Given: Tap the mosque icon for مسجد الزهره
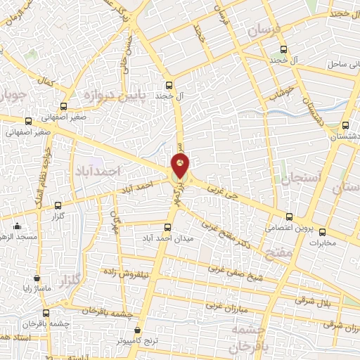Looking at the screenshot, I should click(x=17, y=226).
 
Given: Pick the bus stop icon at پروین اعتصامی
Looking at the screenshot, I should click(x=289, y=216).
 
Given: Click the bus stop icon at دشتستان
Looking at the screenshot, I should click(x=344, y=126).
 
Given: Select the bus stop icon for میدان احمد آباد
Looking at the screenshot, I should click(x=167, y=227).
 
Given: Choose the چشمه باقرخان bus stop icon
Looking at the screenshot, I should click(x=46, y=313).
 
